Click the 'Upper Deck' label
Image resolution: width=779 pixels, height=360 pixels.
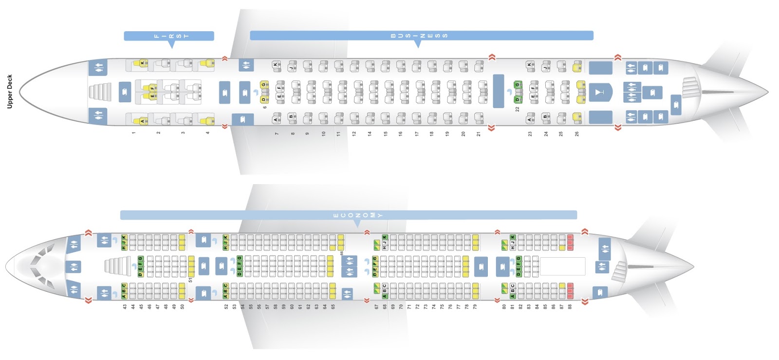click(x=9, y=91)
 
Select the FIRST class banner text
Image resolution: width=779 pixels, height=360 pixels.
click(x=171, y=36)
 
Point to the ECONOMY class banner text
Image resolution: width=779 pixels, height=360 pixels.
click(x=358, y=215)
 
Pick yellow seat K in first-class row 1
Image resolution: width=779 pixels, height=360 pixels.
click(x=143, y=63)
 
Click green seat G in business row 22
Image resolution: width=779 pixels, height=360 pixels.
click(x=518, y=85)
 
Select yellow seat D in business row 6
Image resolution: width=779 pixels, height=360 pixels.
click(x=264, y=99)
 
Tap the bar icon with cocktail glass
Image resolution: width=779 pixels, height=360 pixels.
click(x=600, y=92)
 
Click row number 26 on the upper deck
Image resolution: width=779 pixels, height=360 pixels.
click(x=577, y=133)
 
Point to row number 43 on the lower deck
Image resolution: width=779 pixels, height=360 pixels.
click(x=125, y=307)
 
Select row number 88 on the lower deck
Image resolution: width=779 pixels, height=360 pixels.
click(x=570, y=307)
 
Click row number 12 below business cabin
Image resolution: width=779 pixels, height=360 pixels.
click(x=354, y=133)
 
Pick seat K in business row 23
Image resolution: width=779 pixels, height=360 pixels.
click(x=530, y=64)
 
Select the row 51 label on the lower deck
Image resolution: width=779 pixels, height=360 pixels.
click(x=190, y=279)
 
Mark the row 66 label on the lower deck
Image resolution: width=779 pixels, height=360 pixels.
click(x=342, y=253)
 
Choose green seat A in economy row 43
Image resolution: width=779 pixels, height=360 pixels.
click(x=124, y=295)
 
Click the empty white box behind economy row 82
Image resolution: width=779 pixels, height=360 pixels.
click(x=562, y=266)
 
